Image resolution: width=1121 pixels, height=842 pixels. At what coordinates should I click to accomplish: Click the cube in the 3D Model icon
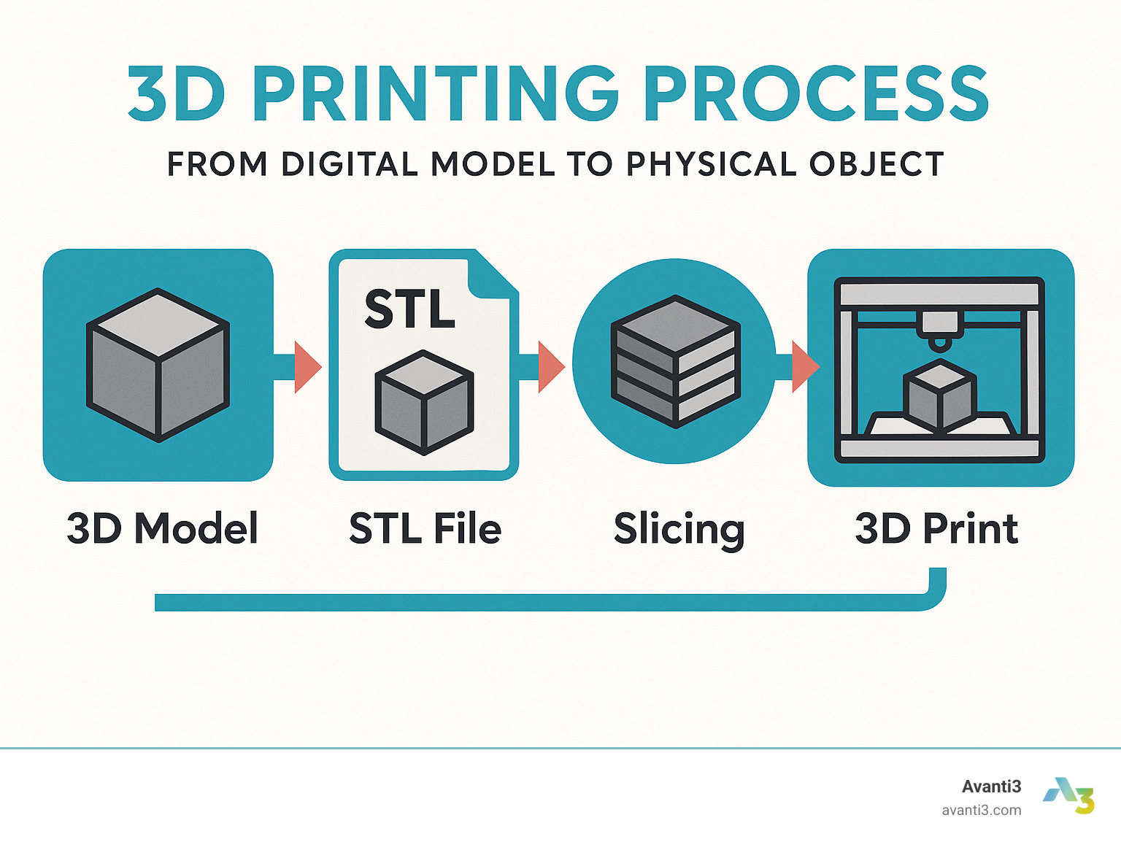158,365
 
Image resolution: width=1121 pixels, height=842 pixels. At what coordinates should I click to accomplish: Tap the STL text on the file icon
409,309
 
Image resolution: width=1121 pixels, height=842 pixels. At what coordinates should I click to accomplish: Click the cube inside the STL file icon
424,402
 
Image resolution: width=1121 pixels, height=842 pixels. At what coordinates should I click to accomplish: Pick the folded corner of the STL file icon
491,275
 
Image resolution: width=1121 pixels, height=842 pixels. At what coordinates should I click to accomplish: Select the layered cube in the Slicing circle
676,361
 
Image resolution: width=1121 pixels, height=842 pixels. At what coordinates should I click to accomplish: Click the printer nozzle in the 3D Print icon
939,331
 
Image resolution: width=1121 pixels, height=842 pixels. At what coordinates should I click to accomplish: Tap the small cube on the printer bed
940,395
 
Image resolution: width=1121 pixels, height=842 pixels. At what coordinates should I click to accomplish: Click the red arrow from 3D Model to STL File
308,367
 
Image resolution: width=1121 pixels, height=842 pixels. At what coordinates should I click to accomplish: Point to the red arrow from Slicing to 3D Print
806,366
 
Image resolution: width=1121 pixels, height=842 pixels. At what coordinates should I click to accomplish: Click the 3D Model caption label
163,528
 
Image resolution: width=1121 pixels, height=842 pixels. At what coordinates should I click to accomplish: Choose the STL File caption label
425,528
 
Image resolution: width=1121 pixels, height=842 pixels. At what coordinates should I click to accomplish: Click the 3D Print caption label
936,528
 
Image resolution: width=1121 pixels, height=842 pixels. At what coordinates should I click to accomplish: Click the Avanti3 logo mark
1069,795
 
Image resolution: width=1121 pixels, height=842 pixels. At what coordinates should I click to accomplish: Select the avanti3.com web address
982,811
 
